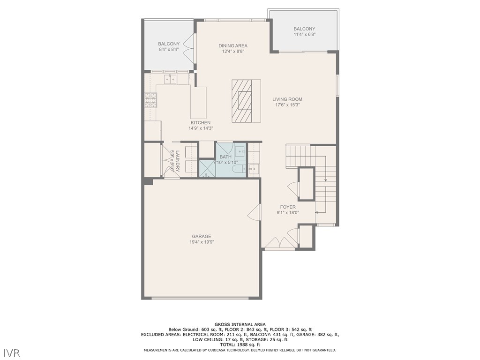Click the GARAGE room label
tap(201, 236)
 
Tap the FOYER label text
tap(288, 207)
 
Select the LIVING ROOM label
tap(287, 99)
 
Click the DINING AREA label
tap(232, 46)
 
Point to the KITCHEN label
tap(200, 123)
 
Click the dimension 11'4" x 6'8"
tap(304, 34)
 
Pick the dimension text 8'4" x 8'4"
tap(168, 49)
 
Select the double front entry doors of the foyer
tap(280, 242)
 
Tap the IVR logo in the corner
tap(12, 352)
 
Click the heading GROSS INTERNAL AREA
tap(240, 324)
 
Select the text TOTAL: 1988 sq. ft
tap(240, 345)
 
